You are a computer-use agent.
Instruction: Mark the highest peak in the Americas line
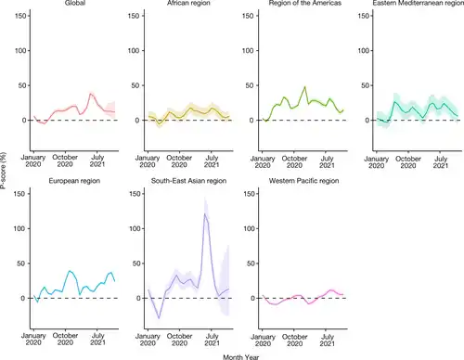click(x=303, y=88)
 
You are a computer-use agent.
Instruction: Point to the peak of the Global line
click(x=91, y=94)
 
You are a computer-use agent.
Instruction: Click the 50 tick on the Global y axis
click(x=22, y=85)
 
